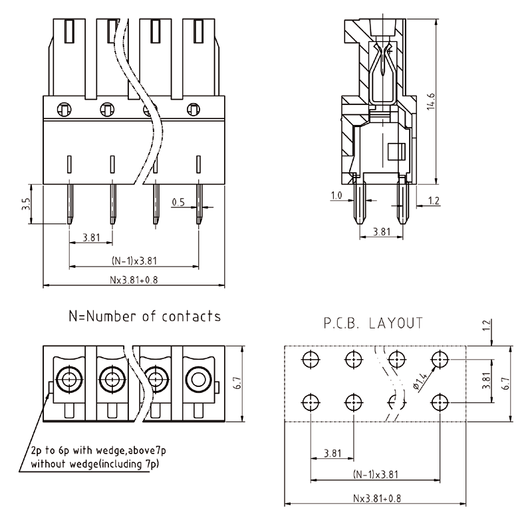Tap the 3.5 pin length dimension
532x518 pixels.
[26, 203]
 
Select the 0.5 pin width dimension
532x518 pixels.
[178, 201]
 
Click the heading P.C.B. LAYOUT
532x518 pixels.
[373, 324]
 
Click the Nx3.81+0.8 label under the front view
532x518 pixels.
[134, 280]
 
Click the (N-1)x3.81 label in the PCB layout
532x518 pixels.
[376, 474]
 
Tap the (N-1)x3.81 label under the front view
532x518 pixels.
[134, 261]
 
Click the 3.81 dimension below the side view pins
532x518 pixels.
[382, 232]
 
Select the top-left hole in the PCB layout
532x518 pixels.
[311, 360]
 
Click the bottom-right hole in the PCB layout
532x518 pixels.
[438, 402]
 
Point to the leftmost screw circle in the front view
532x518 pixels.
[64, 108]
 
